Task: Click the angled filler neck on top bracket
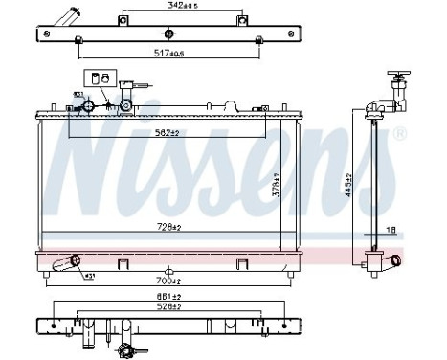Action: tap(66, 18)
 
